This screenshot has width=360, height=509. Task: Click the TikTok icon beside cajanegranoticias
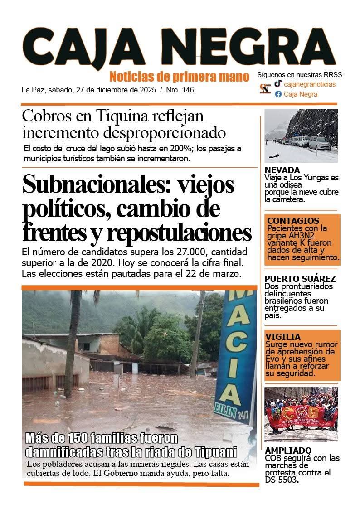(x=278, y=84)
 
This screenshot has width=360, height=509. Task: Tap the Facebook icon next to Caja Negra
(x=278, y=94)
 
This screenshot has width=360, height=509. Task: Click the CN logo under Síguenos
(x=265, y=89)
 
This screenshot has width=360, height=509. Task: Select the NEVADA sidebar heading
(x=282, y=170)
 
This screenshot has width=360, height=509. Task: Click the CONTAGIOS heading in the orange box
(x=287, y=221)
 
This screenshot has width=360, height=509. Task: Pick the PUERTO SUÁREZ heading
(x=300, y=279)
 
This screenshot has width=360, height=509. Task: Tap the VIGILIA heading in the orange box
(x=283, y=337)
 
